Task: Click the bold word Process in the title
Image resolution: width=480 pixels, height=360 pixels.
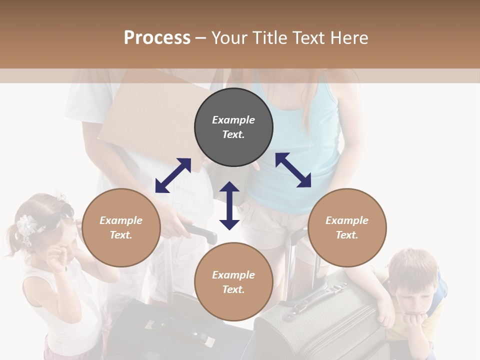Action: click(x=157, y=37)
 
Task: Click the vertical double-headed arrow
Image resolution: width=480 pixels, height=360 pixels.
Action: click(x=229, y=205)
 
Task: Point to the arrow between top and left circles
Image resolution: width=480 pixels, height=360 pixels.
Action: click(x=173, y=175)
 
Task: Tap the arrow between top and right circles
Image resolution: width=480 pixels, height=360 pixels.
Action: click(x=293, y=170)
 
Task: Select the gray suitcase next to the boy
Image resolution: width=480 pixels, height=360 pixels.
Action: click(x=320, y=320)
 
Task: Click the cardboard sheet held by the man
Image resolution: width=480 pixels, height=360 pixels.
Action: click(x=145, y=115)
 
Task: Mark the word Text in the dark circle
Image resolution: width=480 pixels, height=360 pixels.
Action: click(x=233, y=134)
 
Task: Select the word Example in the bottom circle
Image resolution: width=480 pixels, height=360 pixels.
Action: click(x=233, y=275)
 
